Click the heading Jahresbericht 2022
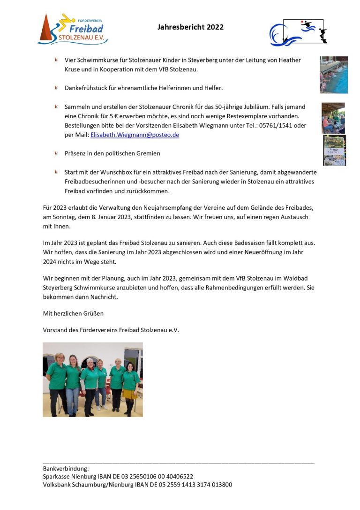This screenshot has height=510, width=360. [x=190, y=27]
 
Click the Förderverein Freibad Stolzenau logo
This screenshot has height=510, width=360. [x=73, y=29]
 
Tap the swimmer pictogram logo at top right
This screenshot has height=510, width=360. [x=298, y=32]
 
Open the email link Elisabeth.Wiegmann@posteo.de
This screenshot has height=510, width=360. [x=135, y=135]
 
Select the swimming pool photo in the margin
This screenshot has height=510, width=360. [x=334, y=75]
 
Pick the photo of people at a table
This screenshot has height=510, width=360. [x=333, y=118]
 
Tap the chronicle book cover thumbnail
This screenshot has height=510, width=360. [x=334, y=150]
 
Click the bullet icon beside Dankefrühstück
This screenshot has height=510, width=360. [x=56, y=88]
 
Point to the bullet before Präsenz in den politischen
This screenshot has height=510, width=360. [x=56, y=153]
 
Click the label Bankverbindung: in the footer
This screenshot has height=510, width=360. [x=66, y=468]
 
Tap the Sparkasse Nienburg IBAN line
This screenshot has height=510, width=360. [x=118, y=476]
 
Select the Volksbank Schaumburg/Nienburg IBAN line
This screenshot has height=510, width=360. [x=137, y=485]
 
